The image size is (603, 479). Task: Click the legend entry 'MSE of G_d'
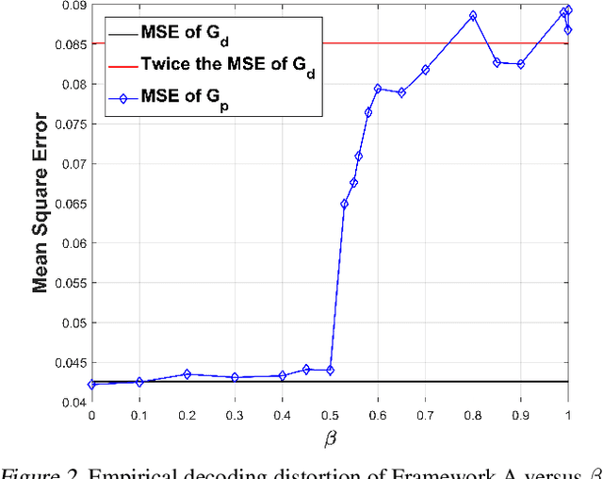click(x=185, y=34)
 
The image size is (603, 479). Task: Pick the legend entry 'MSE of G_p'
click(x=185, y=95)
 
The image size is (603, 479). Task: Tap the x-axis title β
click(x=330, y=438)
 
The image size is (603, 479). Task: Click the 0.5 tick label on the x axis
click(x=330, y=415)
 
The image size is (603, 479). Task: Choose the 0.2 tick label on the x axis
click(x=187, y=415)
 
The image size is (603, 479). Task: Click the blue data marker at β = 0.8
click(x=473, y=16)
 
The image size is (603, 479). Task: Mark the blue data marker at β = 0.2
click(x=187, y=374)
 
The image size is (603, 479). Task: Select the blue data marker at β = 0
click(x=91, y=385)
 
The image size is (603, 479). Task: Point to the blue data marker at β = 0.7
click(x=425, y=70)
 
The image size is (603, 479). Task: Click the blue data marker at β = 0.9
click(x=520, y=64)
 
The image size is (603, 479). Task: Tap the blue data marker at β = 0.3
click(x=235, y=377)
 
